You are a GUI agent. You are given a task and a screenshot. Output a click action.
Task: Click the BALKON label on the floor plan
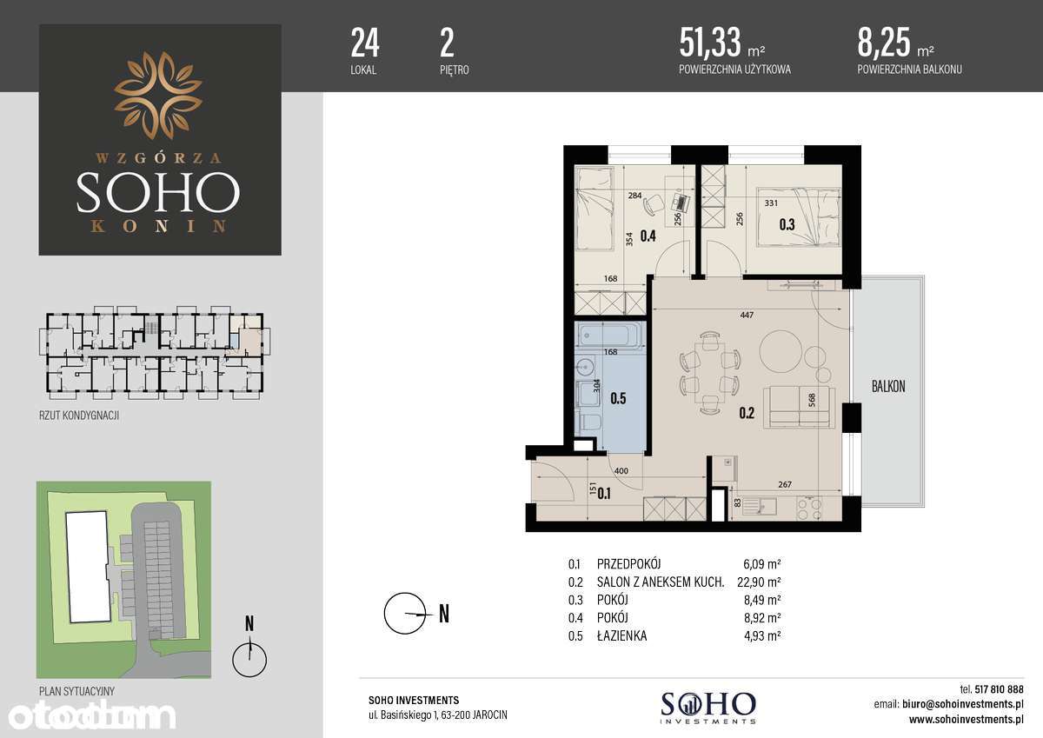888,386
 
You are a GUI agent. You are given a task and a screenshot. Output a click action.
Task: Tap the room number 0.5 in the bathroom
618,398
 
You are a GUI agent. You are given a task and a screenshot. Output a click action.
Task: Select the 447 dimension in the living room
747,316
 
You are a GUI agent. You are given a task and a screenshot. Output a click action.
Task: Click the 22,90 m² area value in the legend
759,582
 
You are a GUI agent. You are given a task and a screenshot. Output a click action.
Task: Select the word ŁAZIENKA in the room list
621,635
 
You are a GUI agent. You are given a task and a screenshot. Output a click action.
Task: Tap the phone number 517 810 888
999,689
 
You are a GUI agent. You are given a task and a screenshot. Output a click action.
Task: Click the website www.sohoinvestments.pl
966,720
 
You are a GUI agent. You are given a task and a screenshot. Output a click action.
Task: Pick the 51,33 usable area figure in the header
709,42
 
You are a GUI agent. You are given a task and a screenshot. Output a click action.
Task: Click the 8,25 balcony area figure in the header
883,42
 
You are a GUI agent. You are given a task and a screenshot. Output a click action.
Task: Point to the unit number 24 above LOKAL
365,43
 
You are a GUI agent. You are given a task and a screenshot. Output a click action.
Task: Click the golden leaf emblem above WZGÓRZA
158,96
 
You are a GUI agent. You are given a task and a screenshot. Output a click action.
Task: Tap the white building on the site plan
89,567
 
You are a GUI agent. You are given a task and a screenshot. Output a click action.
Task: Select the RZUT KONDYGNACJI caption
79,416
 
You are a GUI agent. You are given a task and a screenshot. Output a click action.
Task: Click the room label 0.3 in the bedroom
787,224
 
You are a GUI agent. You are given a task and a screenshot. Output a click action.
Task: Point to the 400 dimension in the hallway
621,471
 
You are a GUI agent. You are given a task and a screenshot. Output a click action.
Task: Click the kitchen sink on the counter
760,506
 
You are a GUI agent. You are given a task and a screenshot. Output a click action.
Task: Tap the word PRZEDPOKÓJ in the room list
628,564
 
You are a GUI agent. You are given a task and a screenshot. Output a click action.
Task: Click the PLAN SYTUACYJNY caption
76,691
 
